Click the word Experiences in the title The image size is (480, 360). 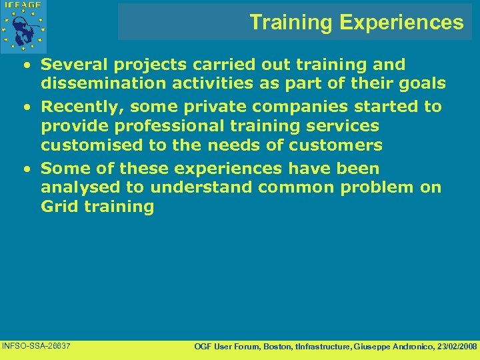pyautogui.click(x=401, y=23)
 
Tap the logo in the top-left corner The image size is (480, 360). pyautogui.click(x=25, y=25)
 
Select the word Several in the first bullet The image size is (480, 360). pyautogui.click(x=71, y=65)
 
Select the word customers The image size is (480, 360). pyautogui.click(x=333, y=145)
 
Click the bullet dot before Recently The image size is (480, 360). pyautogui.click(x=25, y=107)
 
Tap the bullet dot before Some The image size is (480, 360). pyautogui.click(x=25, y=169)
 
